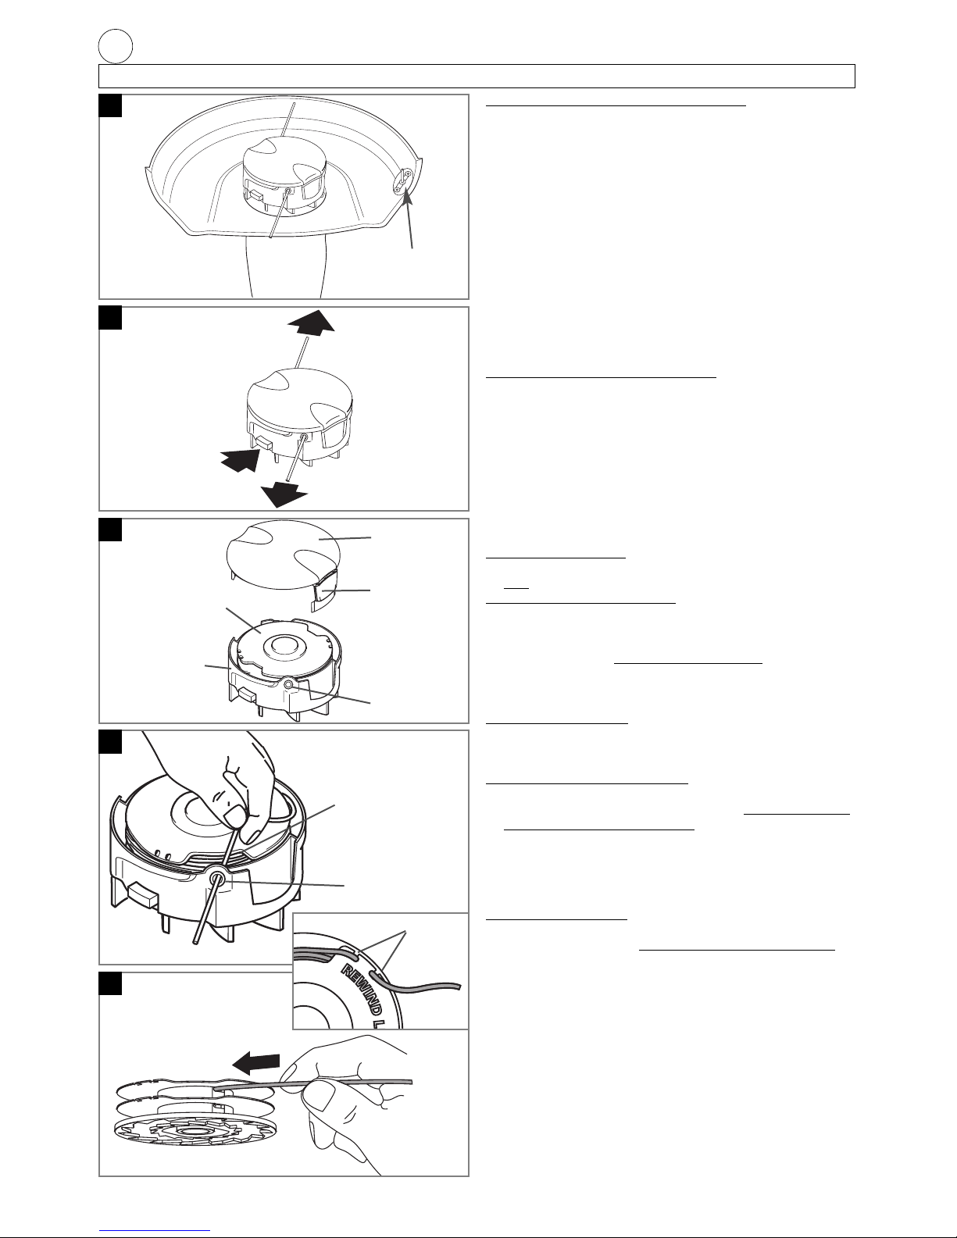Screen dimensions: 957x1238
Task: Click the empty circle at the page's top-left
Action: (x=116, y=47)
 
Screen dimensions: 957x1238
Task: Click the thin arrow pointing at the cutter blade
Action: (x=409, y=219)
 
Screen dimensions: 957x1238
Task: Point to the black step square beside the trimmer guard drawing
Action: (x=110, y=106)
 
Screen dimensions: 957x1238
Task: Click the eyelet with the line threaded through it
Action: (x=218, y=879)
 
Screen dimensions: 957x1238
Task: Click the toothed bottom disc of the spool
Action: (x=192, y=1134)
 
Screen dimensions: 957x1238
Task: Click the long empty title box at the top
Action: (x=477, y=77)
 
